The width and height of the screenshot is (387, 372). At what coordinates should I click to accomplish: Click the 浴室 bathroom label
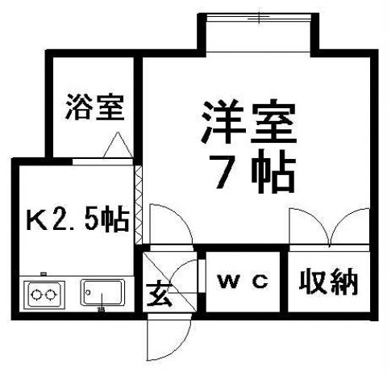click(95, 107)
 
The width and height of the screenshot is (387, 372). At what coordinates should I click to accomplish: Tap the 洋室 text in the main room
click(248, 122)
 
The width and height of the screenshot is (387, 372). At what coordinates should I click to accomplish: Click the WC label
click(243, 282)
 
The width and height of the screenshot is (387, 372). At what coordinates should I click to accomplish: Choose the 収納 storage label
click(328, 282)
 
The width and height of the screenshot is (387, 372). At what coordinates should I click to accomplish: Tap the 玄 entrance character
click(159, 294)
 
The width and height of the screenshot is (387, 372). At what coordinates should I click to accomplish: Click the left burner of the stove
click(36, 295)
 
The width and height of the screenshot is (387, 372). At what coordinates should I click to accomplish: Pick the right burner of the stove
click(50, 295)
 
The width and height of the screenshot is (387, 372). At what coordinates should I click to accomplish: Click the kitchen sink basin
click(102, 293)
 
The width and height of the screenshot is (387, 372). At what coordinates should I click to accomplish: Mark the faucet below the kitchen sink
click(102, 309)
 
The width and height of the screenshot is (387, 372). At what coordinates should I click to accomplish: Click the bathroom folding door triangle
click(118, 145)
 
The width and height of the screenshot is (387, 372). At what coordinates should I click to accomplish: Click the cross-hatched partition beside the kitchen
click(138, 205)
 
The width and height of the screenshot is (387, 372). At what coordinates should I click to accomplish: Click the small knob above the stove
click(44, 274)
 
